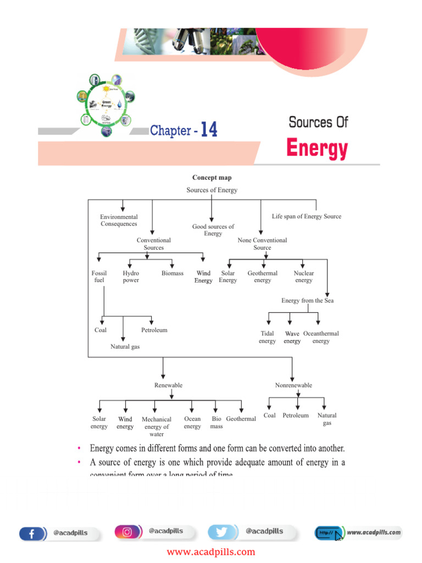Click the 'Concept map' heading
(x=212, y=178)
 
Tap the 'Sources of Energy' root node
(x=212, y=190)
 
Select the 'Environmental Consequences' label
(x=119, y=220)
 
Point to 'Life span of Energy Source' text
(x=306, y=217)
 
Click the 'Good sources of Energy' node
(x=213, y=230)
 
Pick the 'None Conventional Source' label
(x=262, y=244)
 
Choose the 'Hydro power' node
(x=131, y=277)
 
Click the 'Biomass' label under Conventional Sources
(x=173, y=273)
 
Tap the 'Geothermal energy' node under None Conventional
(x=262, y=277)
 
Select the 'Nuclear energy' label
(x=303, y=277)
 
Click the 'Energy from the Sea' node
(x=307, y=301)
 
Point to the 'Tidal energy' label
(x=267, y=337)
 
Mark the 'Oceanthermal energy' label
(x=321, y=337)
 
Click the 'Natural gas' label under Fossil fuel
(x=125, y=347)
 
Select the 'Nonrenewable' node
(x=293, y=385)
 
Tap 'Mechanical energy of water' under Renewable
(x=157, y=427)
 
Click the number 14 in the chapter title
(x=209, y=130)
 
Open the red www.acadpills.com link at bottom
(x=211, y=552)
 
